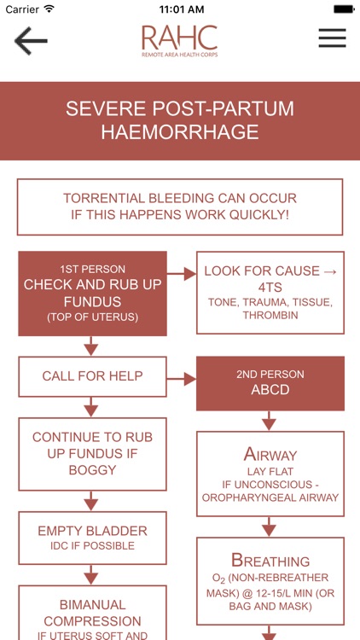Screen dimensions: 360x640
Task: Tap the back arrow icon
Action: (31, 40)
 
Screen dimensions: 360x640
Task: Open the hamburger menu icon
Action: (332, 38)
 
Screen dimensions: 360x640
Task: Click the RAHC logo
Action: (180, 41)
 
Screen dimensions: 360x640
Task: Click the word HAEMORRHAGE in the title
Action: (180, 132)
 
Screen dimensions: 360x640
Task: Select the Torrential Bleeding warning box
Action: (180, 207)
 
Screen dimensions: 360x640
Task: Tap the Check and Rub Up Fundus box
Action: (92, 294)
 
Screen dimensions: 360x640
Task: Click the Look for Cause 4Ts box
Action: (270, 292)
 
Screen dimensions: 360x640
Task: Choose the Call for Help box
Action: (92, 376)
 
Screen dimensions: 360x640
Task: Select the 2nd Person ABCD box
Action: (270, 383)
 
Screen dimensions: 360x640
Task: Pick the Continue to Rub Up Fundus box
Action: (92, 454)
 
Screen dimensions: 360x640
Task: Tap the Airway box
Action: (270, 474)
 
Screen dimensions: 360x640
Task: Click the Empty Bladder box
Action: (92, 538)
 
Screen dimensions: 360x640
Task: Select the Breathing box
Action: (270, 581)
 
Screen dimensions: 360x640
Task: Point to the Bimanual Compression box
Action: (92, 613)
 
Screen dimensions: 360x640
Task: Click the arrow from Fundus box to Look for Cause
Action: (182, 274)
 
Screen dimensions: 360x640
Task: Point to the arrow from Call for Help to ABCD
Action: (182, 379)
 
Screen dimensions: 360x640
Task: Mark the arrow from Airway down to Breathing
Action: (269, 527)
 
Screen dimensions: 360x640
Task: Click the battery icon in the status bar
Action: (344, 9)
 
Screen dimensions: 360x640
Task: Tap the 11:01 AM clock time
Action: (181, 9)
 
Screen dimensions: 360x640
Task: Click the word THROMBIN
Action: (270, 315)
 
